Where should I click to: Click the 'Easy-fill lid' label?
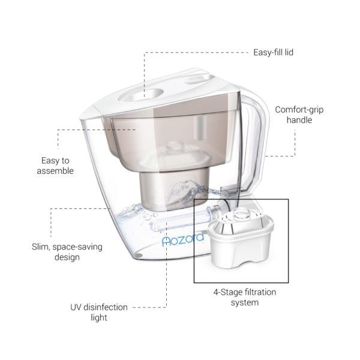click(273, 52)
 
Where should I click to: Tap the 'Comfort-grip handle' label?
click(299, 115)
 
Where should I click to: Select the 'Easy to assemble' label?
click(55, 166)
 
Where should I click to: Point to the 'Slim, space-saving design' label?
click(67, 252)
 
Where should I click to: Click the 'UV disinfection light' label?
click(99, 312)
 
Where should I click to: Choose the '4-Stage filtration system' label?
click(245, 297)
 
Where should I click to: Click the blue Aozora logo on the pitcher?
click(183, 239)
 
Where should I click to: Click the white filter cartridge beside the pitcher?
click(241, 239)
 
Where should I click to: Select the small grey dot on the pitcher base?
click(138, 256)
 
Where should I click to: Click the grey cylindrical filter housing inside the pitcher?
click(173, 191)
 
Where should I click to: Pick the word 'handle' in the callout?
click(299, 120)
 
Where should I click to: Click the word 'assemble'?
click(55, 171)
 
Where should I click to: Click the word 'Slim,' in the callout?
click(41, 247)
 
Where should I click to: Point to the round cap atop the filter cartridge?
click(241, 215)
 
